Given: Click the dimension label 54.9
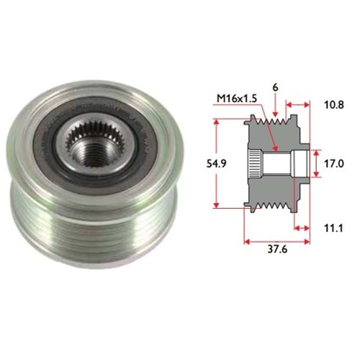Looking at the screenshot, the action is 216,163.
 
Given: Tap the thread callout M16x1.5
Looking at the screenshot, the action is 237,99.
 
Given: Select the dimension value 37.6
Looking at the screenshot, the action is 277,249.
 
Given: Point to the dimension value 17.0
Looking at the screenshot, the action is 334,163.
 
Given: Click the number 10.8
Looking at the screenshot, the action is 334,105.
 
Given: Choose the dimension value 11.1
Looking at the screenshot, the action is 333,228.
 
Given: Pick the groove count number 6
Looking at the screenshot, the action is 275,88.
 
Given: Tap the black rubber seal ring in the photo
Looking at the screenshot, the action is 96,144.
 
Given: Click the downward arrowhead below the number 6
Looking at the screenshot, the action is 276,114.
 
